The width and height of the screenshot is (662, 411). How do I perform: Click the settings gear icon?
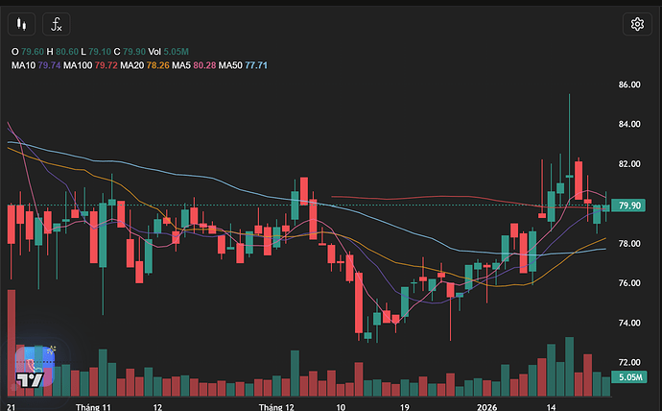click(636, 25)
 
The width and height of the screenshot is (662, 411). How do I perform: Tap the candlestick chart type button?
click(24, 25)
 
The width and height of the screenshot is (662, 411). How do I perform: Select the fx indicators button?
click(59, 25)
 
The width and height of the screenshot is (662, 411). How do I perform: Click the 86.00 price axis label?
click(629, 85)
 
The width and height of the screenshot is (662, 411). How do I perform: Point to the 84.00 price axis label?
click(629, 125)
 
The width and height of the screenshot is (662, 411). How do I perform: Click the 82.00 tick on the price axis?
click(629, 164)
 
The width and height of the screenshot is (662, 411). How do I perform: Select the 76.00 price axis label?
click(629, 283)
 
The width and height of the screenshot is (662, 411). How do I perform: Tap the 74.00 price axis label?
click(629, 323)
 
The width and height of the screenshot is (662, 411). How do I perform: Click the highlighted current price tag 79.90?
click(630, 205)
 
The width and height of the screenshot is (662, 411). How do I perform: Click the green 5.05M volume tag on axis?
click(630, 378)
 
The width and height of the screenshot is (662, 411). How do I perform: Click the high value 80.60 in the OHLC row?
click(69, 51)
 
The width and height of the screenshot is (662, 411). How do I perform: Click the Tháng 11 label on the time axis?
click(94, 406)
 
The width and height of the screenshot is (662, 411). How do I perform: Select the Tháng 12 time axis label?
click(275, 406)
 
